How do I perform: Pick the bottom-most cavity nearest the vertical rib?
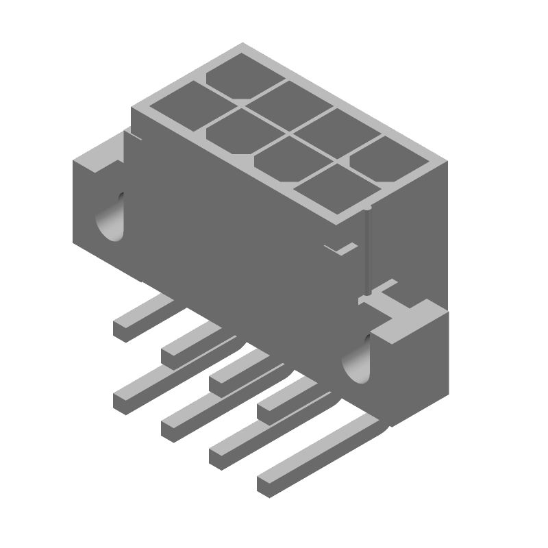(327, 188)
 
